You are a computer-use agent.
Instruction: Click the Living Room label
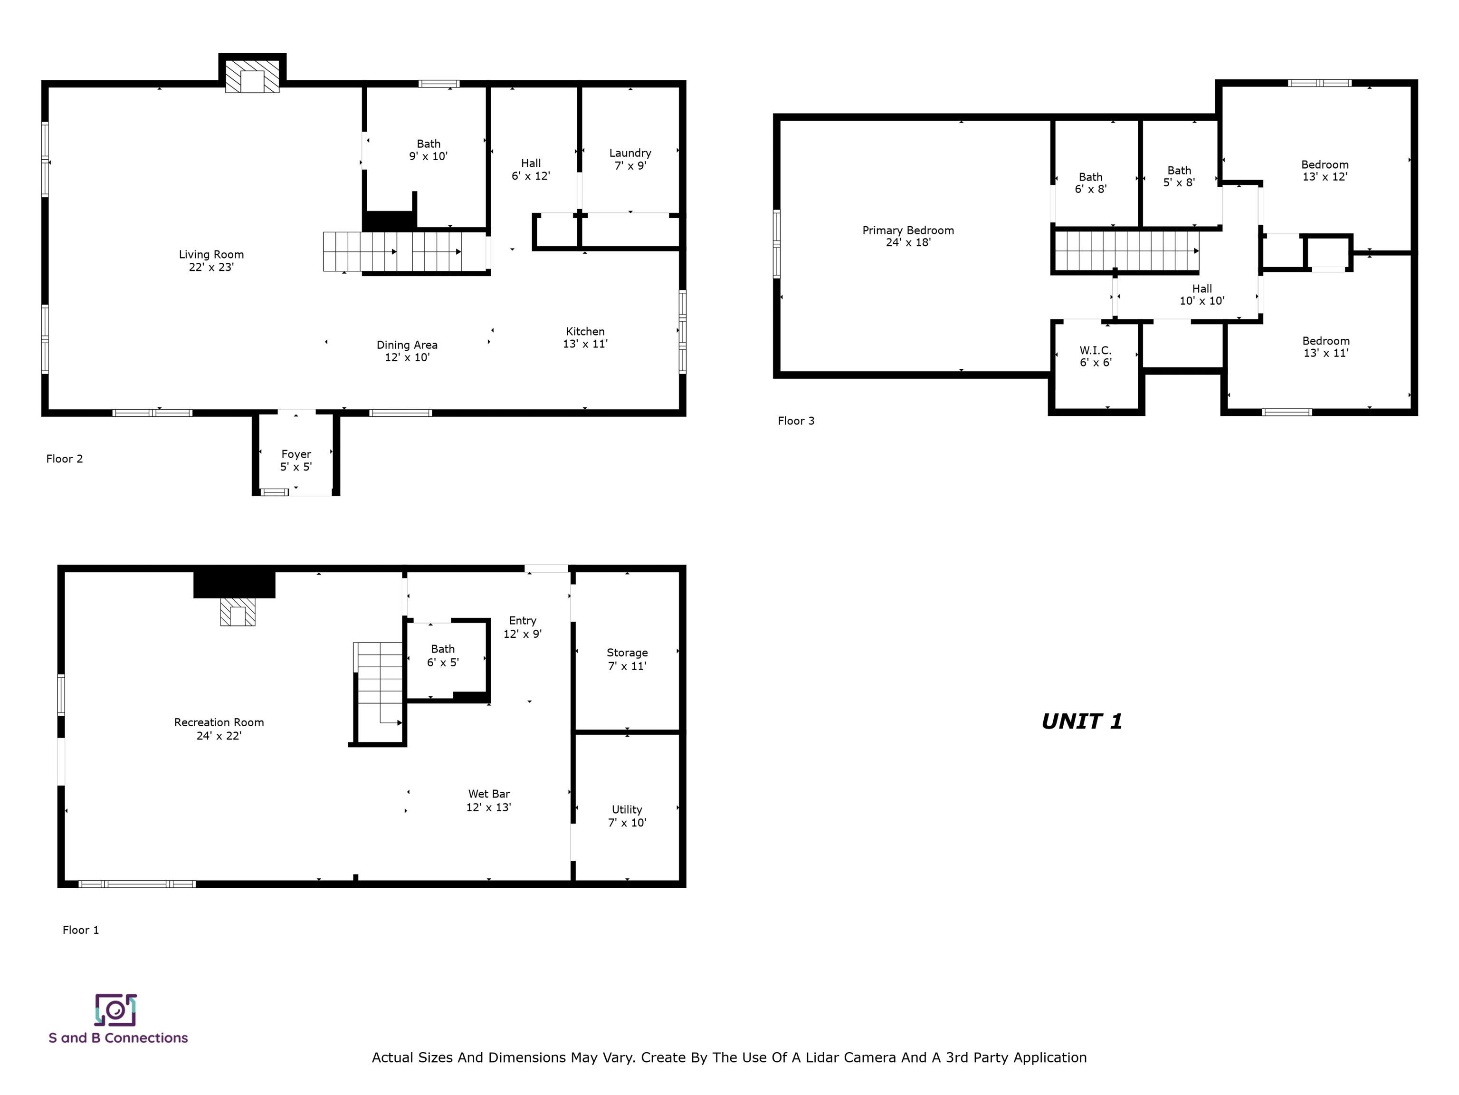(x=211, y=260)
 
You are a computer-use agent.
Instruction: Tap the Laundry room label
(x=630, y=159)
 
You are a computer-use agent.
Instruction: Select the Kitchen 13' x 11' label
(x=585, y=337)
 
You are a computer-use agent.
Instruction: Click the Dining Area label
(x=407, y=351)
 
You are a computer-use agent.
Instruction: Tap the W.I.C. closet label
(x=1096, y=356)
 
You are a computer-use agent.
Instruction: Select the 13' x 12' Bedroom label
(x=1325, y=170)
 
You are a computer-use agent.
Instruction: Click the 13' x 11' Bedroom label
(x=1326, y=347)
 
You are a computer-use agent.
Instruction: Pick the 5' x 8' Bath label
(x=1179, y=176)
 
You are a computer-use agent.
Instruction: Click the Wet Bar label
(x=489, y=800)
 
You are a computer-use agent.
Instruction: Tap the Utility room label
(x=627, y=816)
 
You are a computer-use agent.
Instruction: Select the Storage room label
(x=627, y=659)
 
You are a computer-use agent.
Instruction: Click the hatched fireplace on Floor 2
(x=252, y=77)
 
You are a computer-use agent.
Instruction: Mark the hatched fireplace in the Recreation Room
(x=238, y=612)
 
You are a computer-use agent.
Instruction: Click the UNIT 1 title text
(x=1082, y=721)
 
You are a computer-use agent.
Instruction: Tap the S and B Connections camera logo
(x=115, y=1010)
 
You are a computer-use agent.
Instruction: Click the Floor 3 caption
(x=796, y=421)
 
